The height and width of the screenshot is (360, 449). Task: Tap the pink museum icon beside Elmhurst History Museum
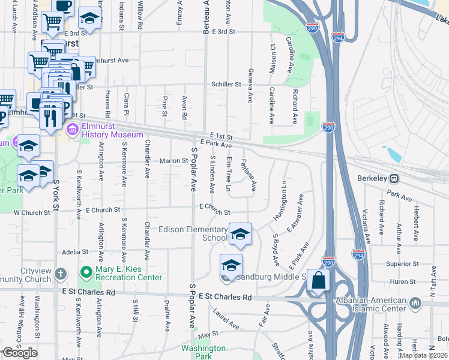coord(73,130)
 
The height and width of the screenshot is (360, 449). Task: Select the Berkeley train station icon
coord(394,178)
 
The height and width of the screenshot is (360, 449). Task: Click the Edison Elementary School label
coord(193,233)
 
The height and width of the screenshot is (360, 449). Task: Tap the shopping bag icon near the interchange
coord(318,281)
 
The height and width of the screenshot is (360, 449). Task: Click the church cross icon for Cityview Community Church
coord(60,274)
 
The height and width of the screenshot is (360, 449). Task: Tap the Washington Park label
coord(203,352)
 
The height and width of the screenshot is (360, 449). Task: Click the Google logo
coord(19,353)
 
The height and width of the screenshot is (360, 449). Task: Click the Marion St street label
coord(174,161)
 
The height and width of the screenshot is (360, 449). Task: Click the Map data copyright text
coord(424,355)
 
